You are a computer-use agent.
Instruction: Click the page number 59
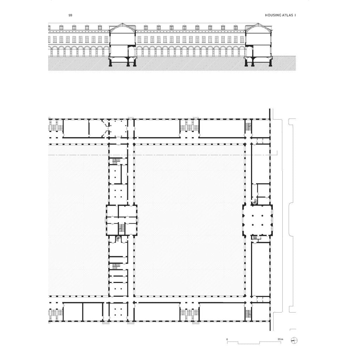point(70,15)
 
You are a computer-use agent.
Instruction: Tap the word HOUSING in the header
point(273,15)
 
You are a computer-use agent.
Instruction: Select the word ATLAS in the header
point(288,15)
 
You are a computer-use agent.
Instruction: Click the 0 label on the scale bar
point(227,339)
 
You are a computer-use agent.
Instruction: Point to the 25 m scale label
point(280,339)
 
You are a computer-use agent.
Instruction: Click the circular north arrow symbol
point(294,340)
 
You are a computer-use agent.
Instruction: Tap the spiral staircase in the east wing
point(255,201)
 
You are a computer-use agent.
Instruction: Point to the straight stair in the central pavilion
point(121,228)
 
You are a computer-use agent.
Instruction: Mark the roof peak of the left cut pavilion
point(123,24)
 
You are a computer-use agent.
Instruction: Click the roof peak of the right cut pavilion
point(258,24)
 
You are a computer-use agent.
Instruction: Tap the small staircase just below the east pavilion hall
point(255,237)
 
